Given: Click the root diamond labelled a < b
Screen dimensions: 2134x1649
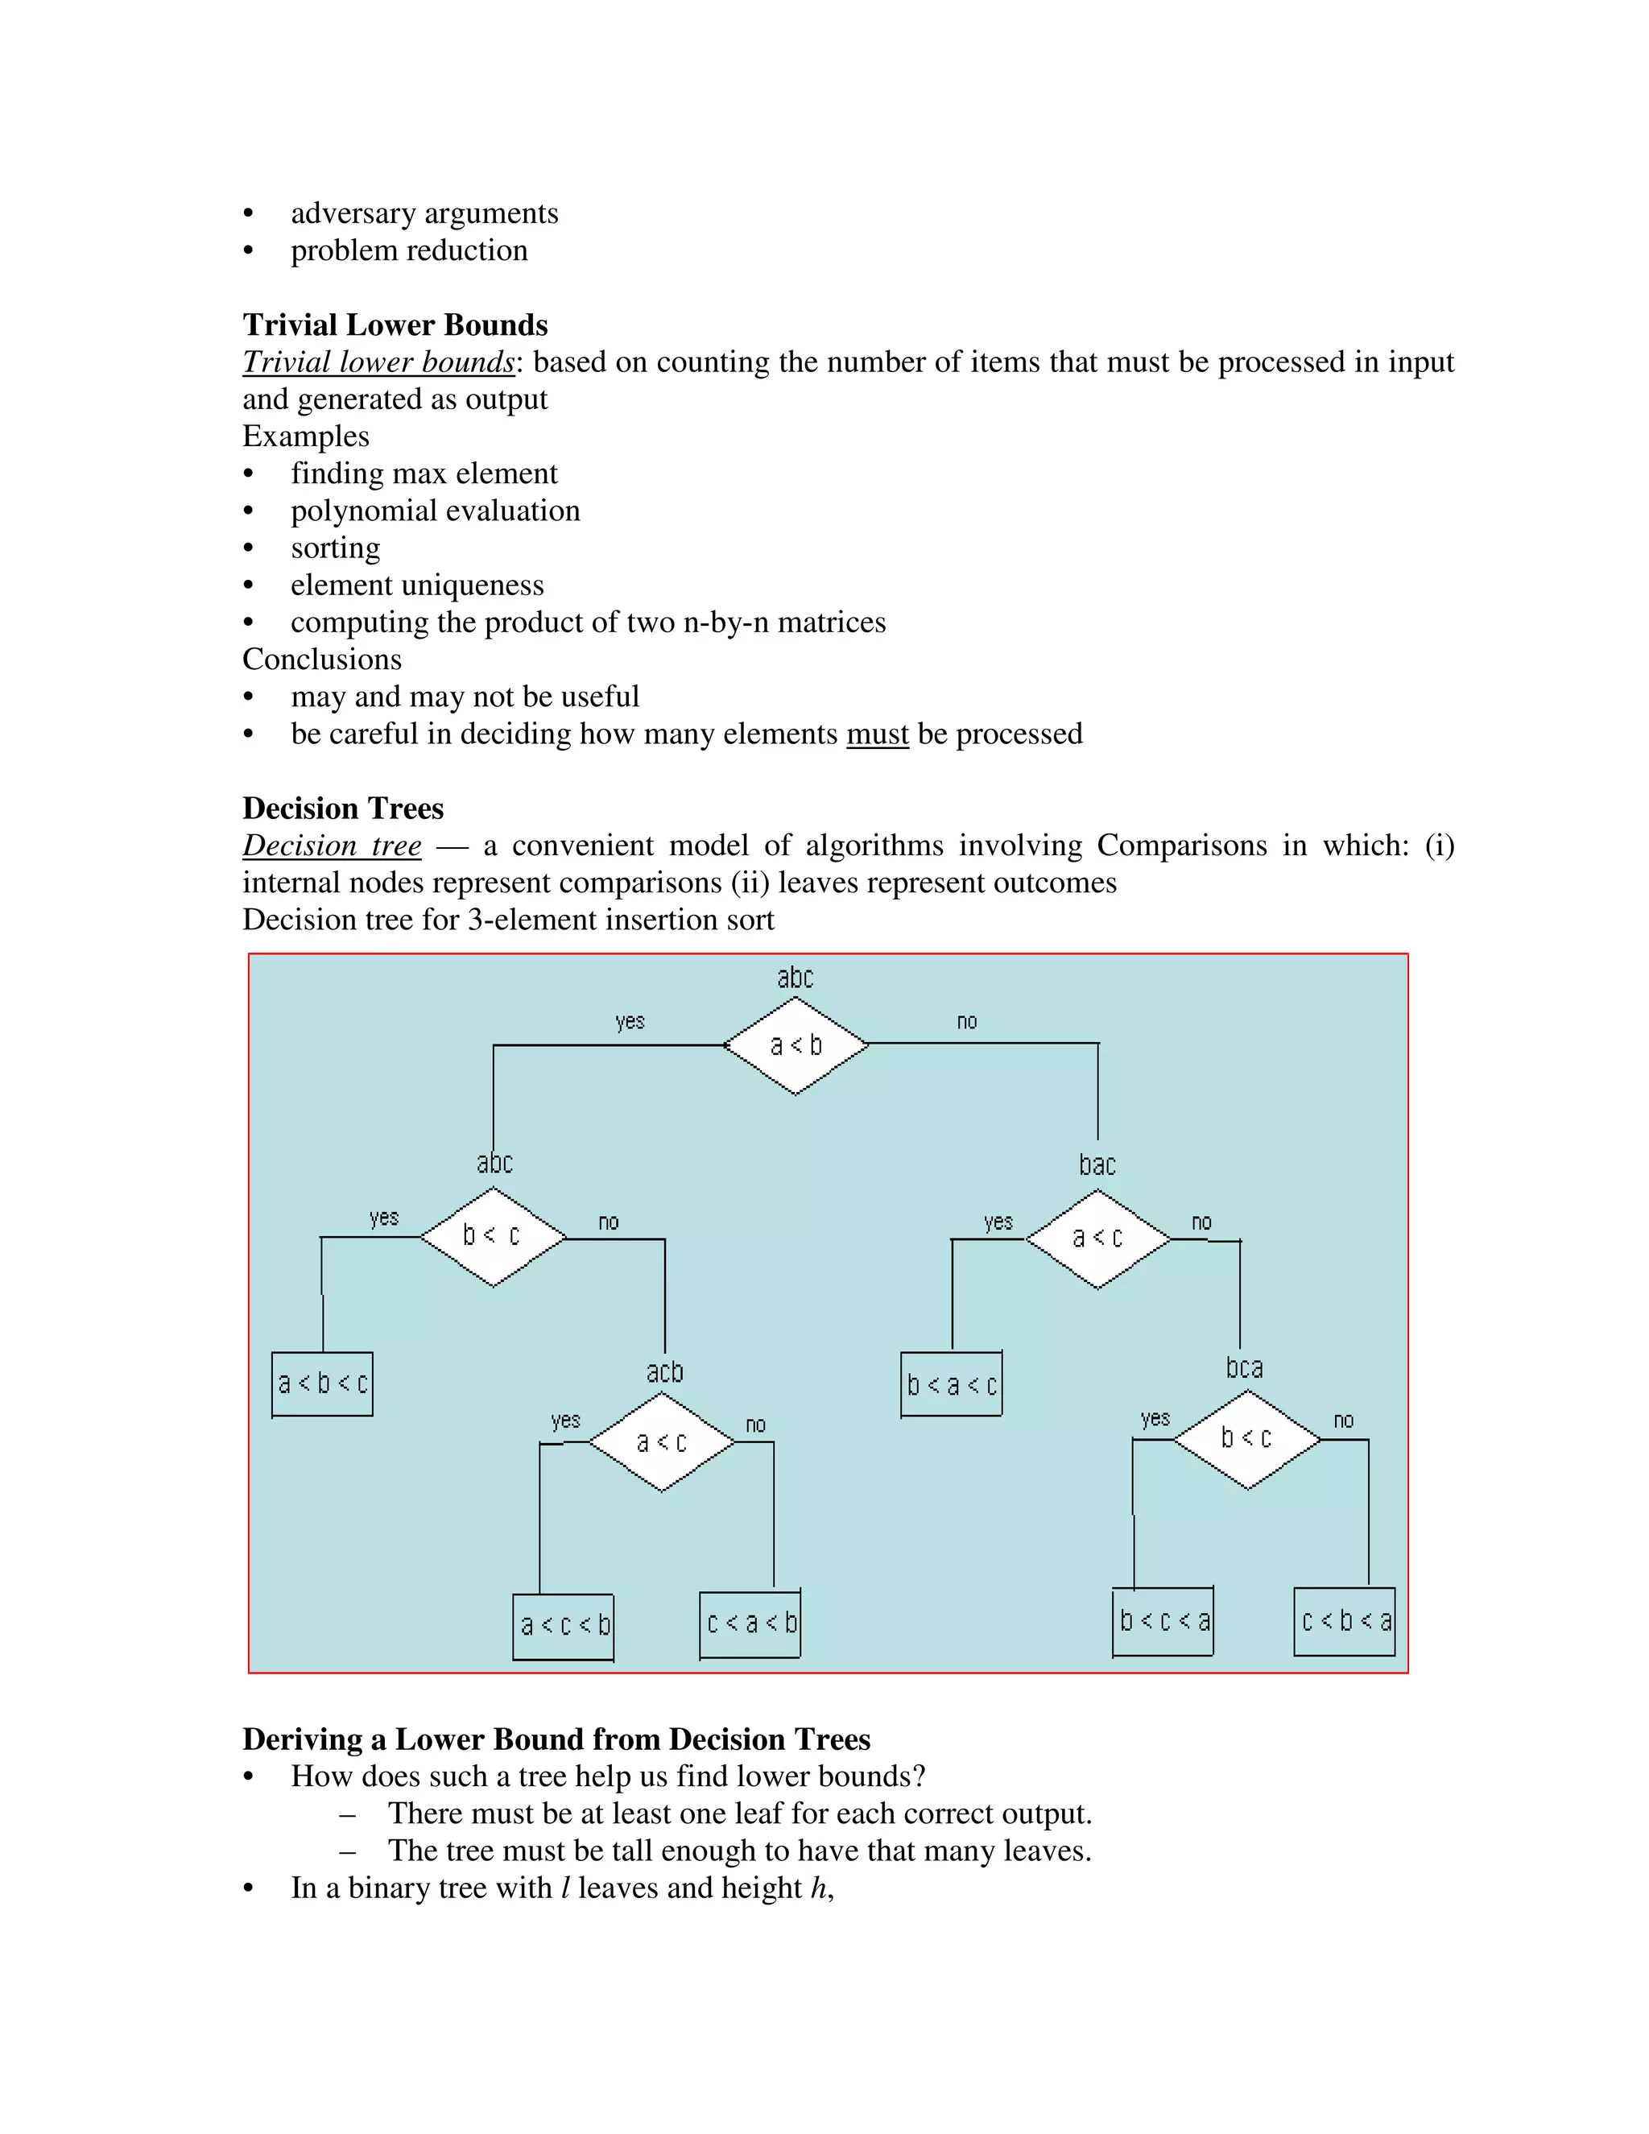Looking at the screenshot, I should [x=796, y=1045].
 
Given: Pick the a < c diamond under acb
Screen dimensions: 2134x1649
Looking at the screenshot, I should [x=661, y=1442].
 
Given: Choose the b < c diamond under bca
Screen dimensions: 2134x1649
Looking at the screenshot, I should [x=1246, y=1439].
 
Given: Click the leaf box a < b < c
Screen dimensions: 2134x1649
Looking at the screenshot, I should [x=322, y=1383].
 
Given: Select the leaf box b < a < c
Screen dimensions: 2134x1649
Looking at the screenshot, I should [x=952, y=1384].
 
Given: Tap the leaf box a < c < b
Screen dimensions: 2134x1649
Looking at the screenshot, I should [x=564, y=1626].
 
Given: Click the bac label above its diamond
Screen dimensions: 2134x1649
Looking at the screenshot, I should [x=1097, y=1164].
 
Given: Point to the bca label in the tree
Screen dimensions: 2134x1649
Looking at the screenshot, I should [x=1245, y=1368].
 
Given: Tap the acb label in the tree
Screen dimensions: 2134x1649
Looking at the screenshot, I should [x=664, y=1372].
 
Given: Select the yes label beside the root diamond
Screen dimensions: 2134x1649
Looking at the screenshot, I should [x=630, y=1022].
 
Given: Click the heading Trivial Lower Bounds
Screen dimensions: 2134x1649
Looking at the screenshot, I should [x=395, y=325].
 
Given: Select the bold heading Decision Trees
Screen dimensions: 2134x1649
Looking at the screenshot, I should [x=343, y=808].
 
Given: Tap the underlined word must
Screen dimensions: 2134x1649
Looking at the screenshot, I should [x=878, y=734].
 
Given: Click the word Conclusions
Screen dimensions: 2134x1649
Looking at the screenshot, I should [x=322, y=660].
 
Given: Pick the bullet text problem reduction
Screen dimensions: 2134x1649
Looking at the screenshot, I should [x=409, y=250].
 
